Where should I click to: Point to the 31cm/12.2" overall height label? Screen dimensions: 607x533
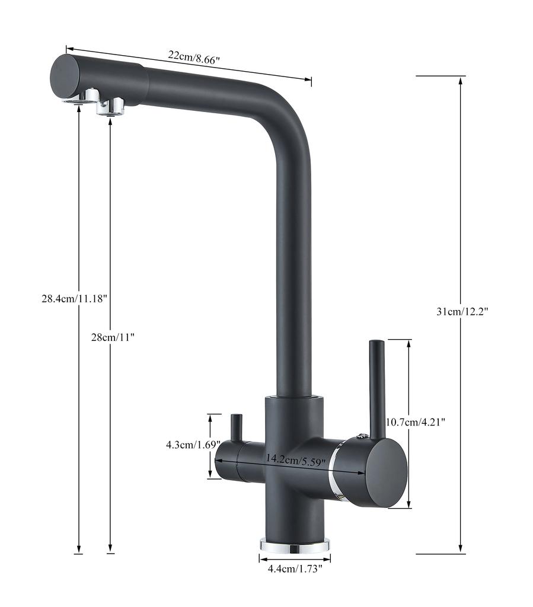coord(462,312)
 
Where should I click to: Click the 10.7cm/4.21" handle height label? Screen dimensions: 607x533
coord(416,422)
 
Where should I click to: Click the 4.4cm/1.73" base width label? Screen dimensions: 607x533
coord(295,569)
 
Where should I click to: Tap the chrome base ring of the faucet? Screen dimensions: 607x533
coord(295,545)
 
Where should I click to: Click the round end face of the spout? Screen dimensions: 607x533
coord(65,77)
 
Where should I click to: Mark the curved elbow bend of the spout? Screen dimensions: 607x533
coord(291,127)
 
